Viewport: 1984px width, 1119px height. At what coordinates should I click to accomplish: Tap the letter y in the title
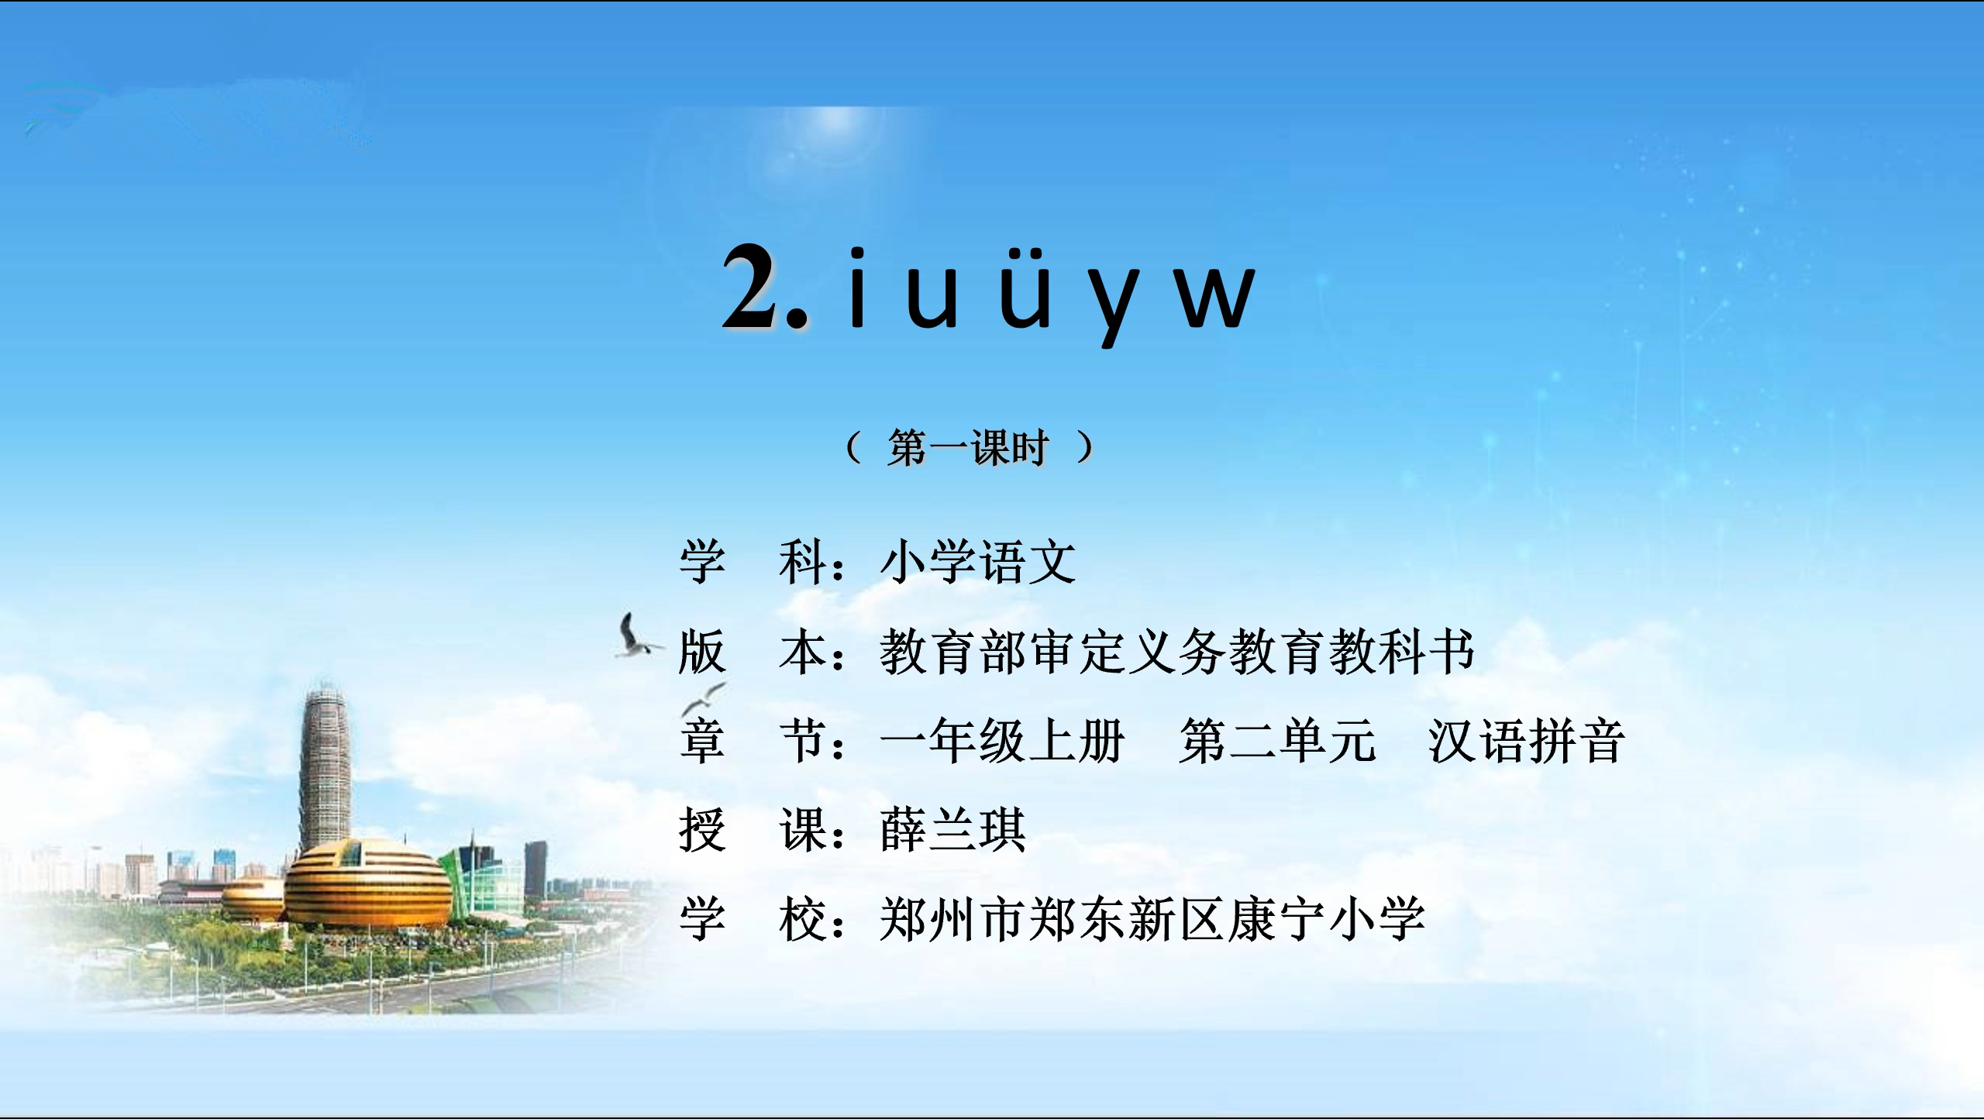point(1114,305)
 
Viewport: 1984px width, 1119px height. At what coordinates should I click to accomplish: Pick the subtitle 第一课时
point(969,447)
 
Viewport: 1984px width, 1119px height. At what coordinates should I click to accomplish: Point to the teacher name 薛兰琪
point(953,830)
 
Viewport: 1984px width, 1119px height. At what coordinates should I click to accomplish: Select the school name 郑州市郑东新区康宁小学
point(1152,919)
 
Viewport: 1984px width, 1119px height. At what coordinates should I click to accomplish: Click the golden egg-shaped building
point(367,885)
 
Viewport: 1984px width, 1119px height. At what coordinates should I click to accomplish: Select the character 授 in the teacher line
point(702,830)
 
